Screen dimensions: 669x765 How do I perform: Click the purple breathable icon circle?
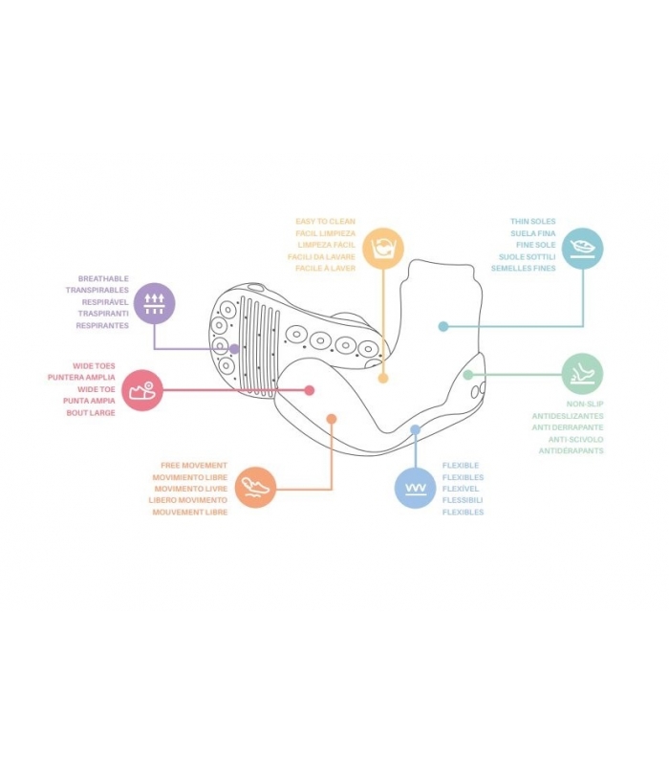154,303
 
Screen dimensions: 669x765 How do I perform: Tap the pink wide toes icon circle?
141,390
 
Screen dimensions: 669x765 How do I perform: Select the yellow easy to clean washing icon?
383,249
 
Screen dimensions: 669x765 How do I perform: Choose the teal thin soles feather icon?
583,248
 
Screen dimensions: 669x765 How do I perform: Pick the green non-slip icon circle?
583,374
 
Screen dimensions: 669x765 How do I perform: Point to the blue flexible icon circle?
416,488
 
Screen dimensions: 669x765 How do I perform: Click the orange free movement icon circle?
255,488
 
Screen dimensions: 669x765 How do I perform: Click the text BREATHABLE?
103,278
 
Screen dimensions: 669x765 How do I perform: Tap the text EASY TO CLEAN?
325,222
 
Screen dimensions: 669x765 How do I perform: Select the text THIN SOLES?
533,222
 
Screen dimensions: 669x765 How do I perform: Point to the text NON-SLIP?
585,404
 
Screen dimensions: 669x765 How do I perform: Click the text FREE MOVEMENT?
194,466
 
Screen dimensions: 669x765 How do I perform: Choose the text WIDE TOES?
94,366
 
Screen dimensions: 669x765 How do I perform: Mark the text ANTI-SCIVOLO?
576,440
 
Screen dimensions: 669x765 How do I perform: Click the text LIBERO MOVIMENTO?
188,500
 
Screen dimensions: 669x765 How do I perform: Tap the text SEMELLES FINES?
523,269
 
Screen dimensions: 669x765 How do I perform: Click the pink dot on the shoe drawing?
309,390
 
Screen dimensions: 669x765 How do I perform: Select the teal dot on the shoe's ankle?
443,326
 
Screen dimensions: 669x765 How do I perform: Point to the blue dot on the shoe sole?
416,429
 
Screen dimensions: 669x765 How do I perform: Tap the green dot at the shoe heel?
468,375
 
